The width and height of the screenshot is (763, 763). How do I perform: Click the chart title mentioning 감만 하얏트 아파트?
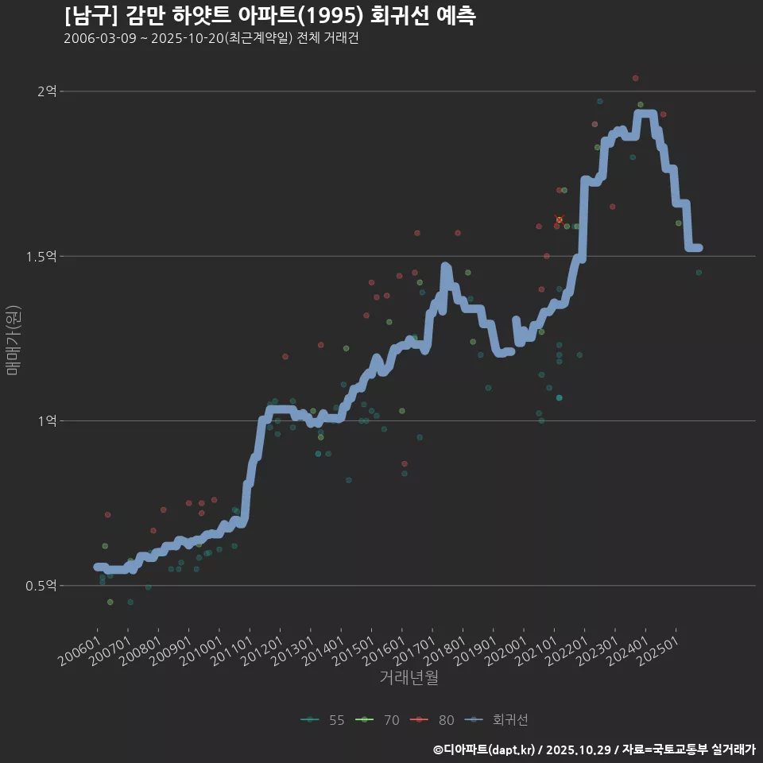(x=270, y=16)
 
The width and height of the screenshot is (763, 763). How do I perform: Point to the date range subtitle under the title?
(x=211, y=38)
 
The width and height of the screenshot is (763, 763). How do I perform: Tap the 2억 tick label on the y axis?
(x=47, y=91)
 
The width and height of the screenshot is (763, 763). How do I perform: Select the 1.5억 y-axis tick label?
(x=41, y=256)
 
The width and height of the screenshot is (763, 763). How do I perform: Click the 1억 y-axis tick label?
(x=47, y=420)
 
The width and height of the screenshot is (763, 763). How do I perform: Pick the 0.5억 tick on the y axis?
(x=41, y=586)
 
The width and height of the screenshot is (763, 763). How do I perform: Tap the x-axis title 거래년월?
(x=409, y=678)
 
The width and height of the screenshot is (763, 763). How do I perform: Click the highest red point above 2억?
(x=635, y=79)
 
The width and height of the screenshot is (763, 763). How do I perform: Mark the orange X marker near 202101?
(x=559, y=219)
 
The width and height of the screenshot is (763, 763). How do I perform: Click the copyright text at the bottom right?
(x=594, y=749)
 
